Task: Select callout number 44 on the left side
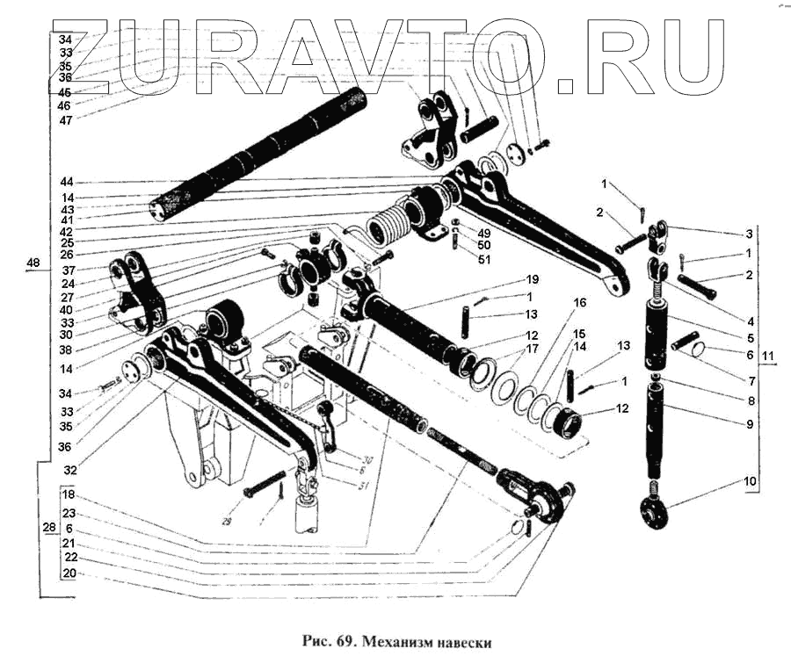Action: pos(65,182)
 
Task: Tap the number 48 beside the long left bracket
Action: pos(33,263)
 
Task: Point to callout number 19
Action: pos(532,278)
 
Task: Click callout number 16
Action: pos(579,302)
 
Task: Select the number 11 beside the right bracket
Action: pos(768,355)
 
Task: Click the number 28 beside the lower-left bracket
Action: pos(49,527)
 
